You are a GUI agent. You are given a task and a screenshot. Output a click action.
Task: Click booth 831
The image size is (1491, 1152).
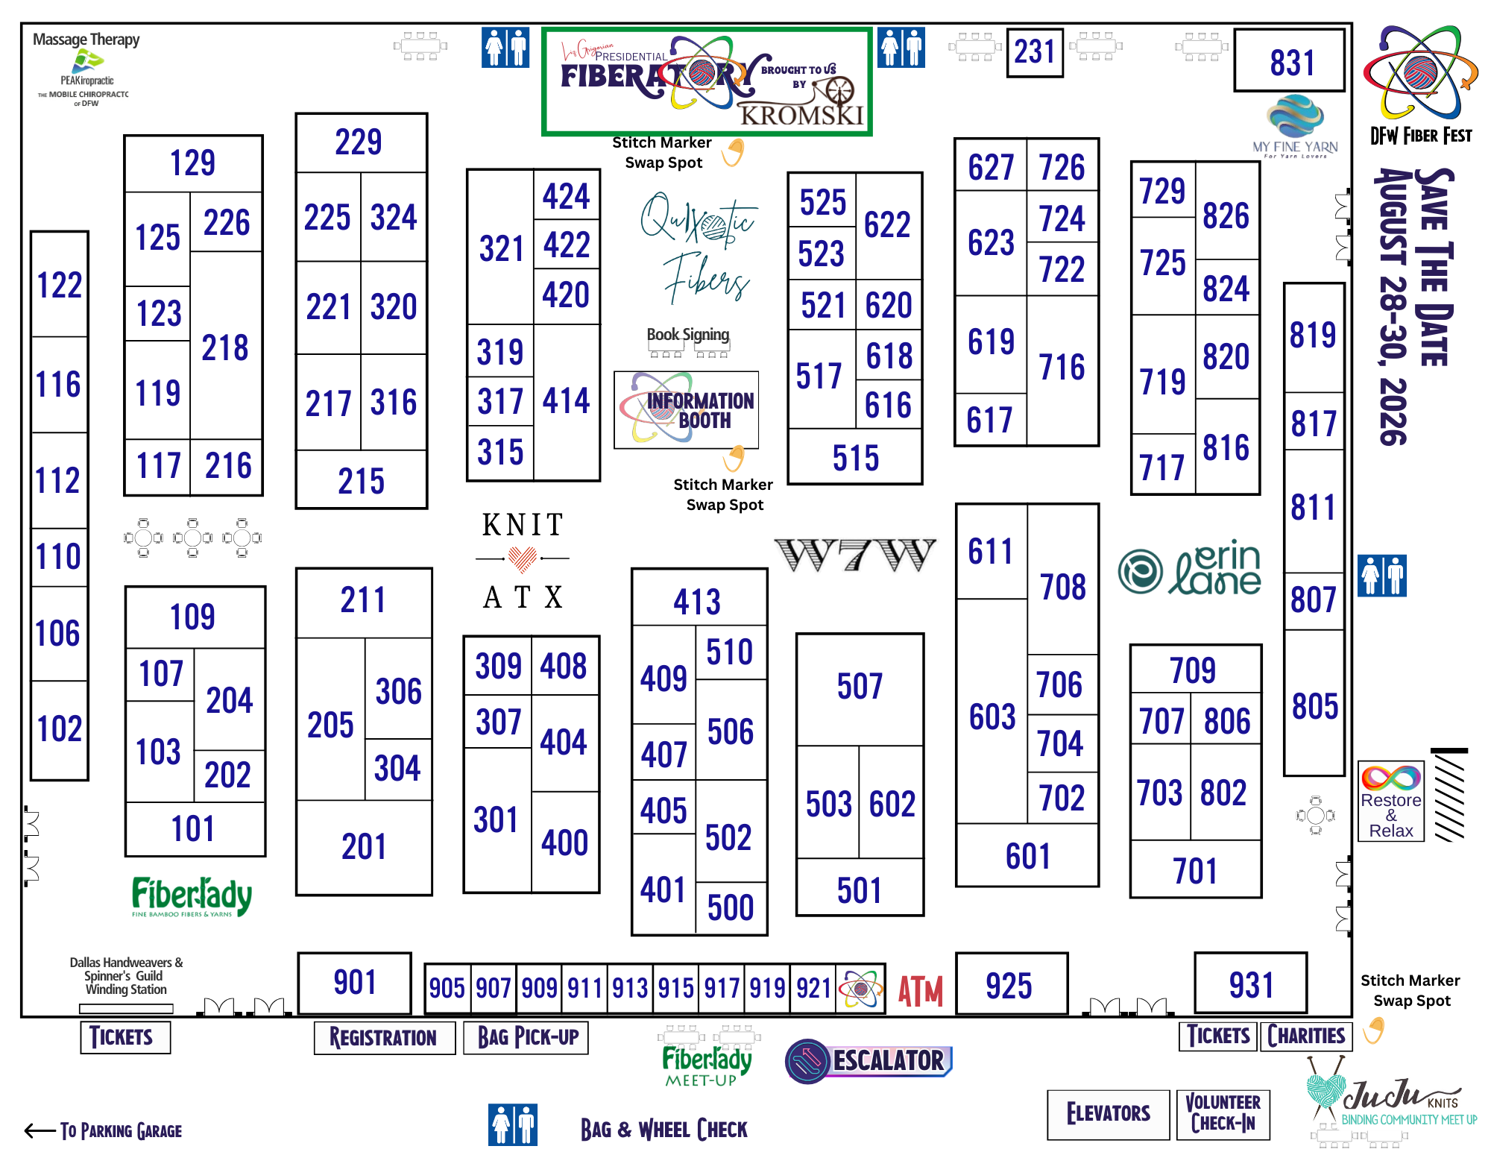click(x=1289, y=61)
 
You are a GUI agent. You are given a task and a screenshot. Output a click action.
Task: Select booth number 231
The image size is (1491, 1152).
click(x=1034, y=52)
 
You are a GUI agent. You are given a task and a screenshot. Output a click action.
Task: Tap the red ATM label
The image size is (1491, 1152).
click(x=920, y=991)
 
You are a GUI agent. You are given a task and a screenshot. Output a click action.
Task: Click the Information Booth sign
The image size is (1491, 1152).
click(x=686, y=410)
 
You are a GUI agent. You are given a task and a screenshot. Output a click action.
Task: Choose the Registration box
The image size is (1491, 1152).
click(x=384, y=1037)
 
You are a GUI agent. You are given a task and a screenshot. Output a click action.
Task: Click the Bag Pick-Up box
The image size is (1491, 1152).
click(x=526, y=1037)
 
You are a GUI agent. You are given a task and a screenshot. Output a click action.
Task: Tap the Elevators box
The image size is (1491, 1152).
click(x=1108, y=1114)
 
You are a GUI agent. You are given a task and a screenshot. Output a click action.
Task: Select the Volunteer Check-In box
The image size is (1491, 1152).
click(x=1223, y=1114)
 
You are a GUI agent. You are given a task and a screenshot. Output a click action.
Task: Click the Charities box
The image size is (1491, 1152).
click(x=1305, y=1036)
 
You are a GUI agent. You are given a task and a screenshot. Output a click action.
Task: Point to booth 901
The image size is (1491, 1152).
click(x=354, y=983)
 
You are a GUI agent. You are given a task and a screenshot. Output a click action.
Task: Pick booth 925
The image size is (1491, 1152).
click(x=1011, y=984)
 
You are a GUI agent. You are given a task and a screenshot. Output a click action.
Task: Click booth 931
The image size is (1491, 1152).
click(x=1250, y=983)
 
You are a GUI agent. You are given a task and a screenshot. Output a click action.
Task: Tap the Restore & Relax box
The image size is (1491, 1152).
click(x=1391, y=802)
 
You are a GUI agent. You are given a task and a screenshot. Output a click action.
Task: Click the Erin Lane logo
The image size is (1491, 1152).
click(x=1190, y=568)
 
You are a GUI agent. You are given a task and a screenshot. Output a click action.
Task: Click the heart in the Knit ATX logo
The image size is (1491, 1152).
click(x=523, y=558)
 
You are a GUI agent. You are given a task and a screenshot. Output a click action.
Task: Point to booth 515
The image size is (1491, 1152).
click(x=855, y=457)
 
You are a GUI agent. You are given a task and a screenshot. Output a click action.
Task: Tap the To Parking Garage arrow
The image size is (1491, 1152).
click(x=40, y=1131)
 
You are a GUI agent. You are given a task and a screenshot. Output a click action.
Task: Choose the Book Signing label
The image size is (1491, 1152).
click(x=687, y=335)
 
